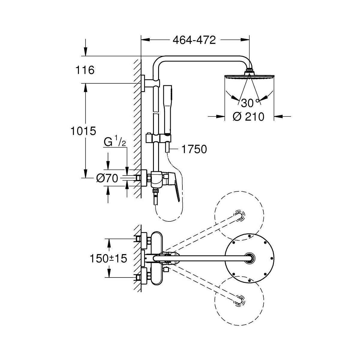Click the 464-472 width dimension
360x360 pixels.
point(194,40)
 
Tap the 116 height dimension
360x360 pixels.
point(85,70)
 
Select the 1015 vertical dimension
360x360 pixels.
point(83,131)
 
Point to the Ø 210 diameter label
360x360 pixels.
point(249,117)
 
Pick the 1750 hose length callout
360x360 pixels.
point(194,149)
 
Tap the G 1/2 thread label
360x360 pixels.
point(115,142)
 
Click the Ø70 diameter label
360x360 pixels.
point(107,178)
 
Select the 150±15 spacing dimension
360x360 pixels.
point(108,259)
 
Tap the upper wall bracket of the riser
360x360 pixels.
point(150,83)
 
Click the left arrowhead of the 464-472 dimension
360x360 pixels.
point(145,40)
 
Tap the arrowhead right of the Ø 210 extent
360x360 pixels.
point(278,117)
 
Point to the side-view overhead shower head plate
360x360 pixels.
point(249,76)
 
